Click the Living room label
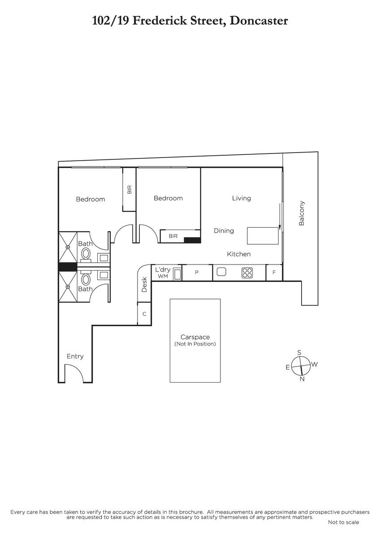(x=241, y=198)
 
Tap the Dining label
(x=224, y=231)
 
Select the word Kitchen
(x=238, y=254)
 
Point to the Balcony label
(x=302, y=213)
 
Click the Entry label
(x=75, y=357)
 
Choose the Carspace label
(x=195, y=337)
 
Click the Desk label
(x=144, y=285)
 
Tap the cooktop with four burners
(x=247, y=273)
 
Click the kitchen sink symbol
(x=221, y=272)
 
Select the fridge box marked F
(x=274, y=273)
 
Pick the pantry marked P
(x=197, y=273)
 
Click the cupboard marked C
(x=144, y=314)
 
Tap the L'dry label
(x=163, y=269)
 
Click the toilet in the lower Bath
(x=86, y=278)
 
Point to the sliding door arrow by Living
(x=280, y=216)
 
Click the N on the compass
(x=302, y=379)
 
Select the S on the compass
(x=299, y=353)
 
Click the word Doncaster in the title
(x=259, y=21)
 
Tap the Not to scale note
(x=343, y=522)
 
